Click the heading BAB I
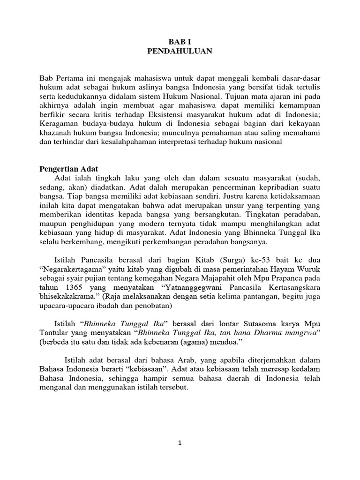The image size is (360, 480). click(180, 41)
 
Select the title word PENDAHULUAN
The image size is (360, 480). click(180, 51)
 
